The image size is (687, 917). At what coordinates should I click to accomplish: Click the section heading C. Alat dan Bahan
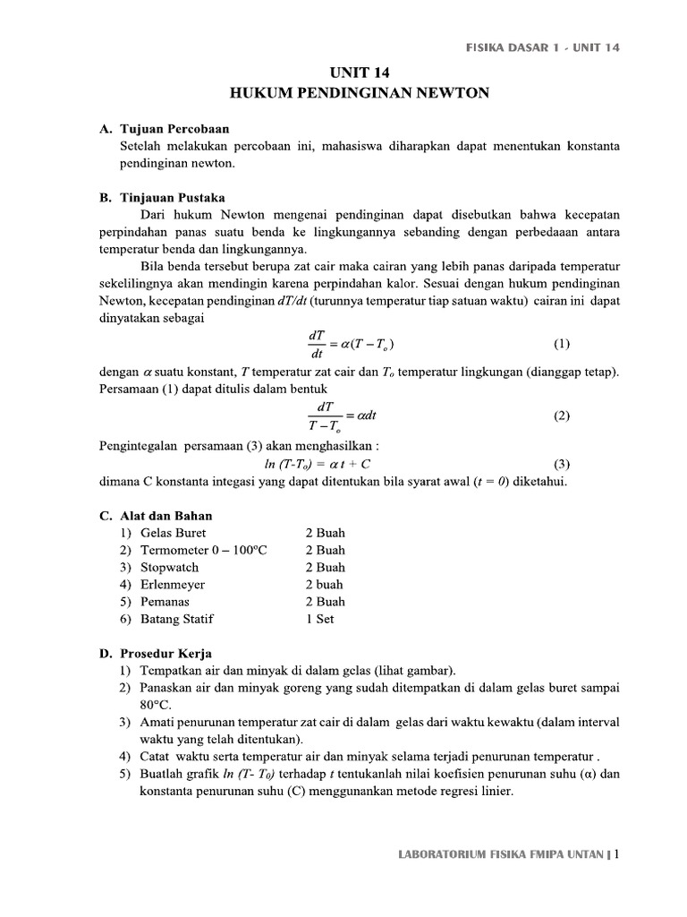156,516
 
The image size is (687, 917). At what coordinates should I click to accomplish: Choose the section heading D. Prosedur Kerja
156,654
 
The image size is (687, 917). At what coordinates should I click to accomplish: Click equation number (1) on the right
561,344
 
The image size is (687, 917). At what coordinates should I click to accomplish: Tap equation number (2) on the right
561,416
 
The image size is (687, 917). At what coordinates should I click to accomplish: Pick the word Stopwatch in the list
170,567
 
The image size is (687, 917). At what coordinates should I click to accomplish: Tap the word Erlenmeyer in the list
173,584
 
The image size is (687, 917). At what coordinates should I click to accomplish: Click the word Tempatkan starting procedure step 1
173,671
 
